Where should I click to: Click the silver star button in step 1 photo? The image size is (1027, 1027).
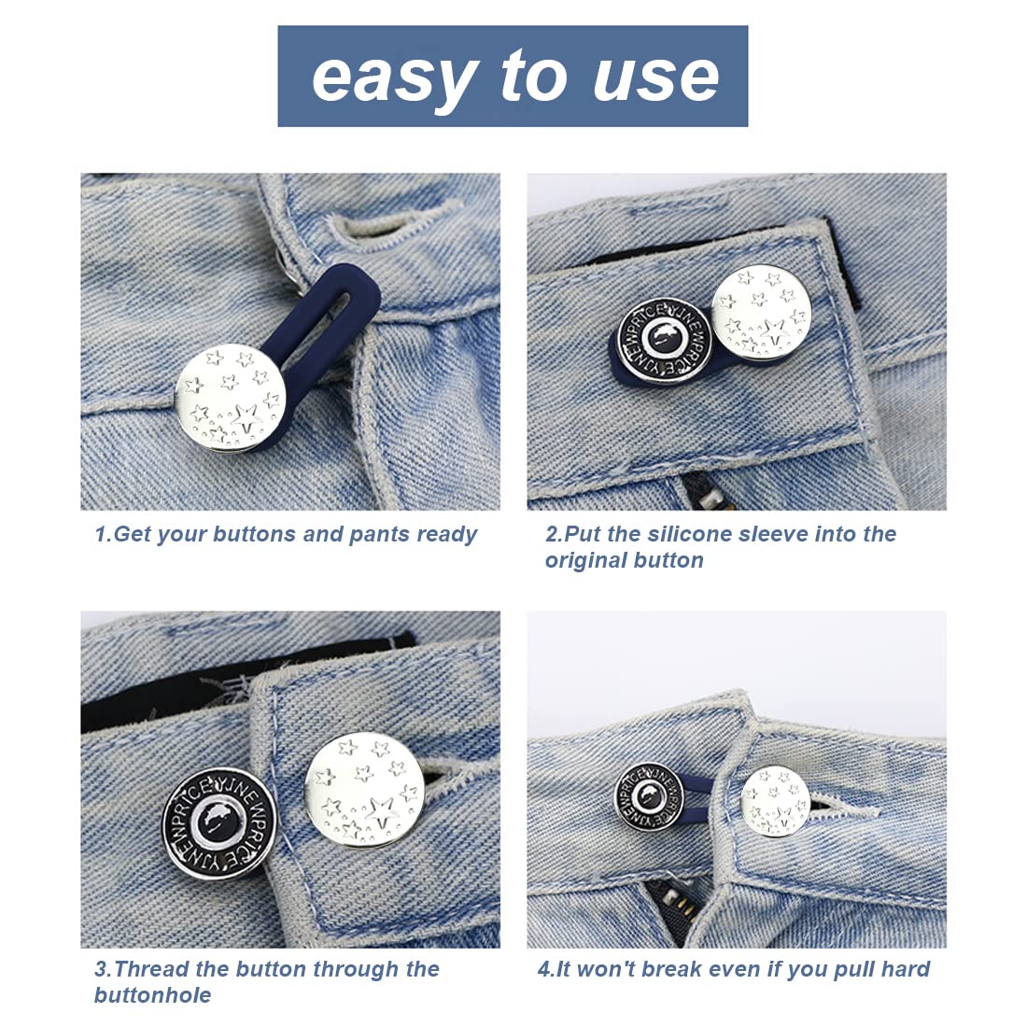pyautogui.click(x=231, y=397)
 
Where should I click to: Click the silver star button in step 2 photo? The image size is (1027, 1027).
pyautogui.click(x=761, y=312)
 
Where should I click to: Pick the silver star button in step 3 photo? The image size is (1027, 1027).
pyautogui.click(x=365, y=790)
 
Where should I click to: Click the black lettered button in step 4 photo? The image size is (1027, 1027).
pyautogui.click(x=649, y=796)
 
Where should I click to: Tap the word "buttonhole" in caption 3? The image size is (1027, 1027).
pyautogui.click(x=152, y=995)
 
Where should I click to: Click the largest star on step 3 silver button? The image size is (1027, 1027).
pyautogui.click(x=381, y=813)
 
